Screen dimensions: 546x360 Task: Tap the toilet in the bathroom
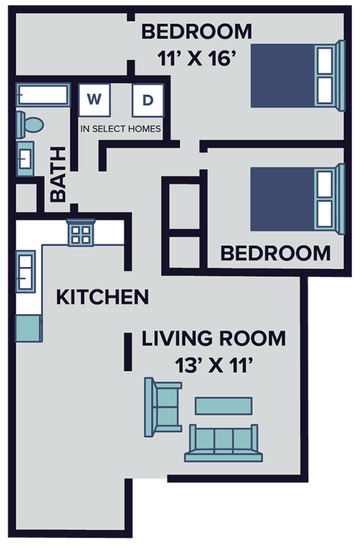point(31,123)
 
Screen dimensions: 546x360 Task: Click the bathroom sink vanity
point(25,158)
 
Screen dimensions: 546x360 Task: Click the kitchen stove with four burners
point(80,232)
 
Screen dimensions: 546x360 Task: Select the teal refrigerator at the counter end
point(28,328)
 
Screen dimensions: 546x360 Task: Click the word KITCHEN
point(102,297)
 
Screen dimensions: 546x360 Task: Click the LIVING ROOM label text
point(214,339)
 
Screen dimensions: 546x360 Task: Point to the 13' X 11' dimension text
point(214,366)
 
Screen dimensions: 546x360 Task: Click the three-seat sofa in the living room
point(224,444)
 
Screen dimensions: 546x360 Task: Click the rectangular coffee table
point(223,406)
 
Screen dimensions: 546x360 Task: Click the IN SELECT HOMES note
point(120,129)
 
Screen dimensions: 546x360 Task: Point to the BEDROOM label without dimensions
point(275,253)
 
